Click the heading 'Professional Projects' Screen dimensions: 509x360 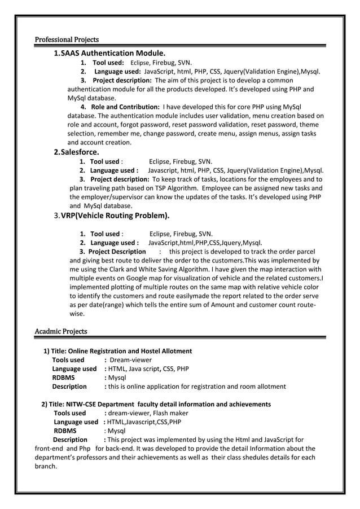click(67, 40)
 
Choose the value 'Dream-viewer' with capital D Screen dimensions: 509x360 click(130, 359)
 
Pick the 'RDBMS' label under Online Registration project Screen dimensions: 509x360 click(63, 378)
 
